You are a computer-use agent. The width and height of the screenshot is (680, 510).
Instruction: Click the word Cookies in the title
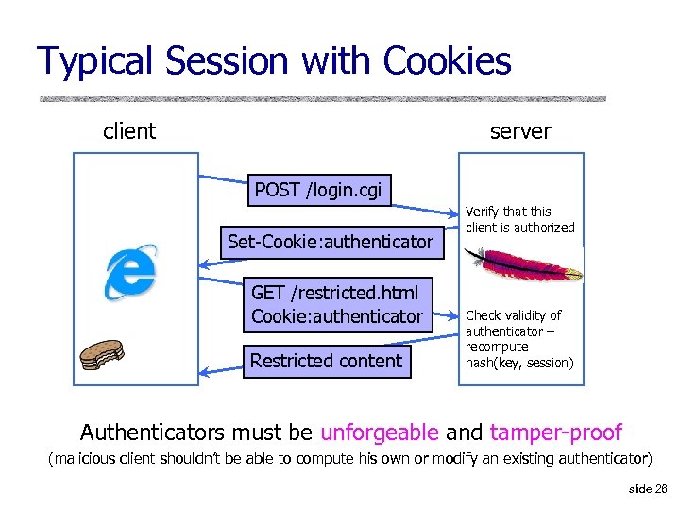click(x=448, y=61)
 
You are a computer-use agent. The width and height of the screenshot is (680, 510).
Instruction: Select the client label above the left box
click(x=129, y=131)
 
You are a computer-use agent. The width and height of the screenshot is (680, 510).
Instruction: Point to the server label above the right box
click(x=520, y=131)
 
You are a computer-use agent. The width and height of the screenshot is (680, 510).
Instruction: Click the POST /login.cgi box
click(x=318, y=190)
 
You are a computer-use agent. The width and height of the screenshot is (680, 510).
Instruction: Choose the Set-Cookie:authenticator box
click(x=331, y=242)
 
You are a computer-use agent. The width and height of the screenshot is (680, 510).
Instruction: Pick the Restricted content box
click(x=326, y=360)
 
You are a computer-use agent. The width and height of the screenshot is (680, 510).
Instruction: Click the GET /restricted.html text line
click(x=334, y=292)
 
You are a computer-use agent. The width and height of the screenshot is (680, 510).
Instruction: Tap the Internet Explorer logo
click(x=130, y=271)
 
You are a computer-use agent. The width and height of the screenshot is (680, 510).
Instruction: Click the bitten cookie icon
click(x=102, y=354)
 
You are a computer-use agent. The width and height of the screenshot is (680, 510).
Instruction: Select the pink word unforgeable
click(x=380, y=433)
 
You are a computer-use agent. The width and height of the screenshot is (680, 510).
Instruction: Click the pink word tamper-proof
click(x=555, y=433)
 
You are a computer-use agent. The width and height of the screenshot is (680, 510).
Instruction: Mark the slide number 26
click(x=648, y=488)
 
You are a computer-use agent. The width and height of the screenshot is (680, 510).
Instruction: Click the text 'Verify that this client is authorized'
click(x=519, y=219)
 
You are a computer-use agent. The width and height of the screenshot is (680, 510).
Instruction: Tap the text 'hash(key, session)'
click(x=519, y=363)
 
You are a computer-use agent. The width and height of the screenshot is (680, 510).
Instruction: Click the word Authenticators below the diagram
click(x=165, y=433)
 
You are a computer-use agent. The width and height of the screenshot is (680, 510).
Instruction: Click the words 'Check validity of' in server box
click(x=513, y=315)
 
